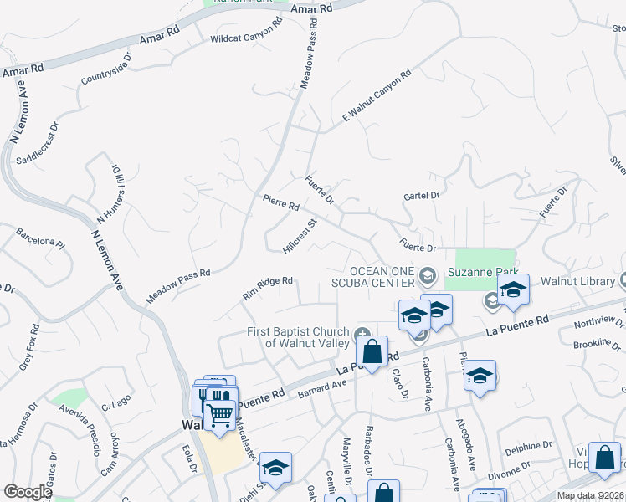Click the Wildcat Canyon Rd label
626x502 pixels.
click(246, 38)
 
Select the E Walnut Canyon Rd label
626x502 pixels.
click(377, 98)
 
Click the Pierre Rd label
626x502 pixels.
click(280, 202)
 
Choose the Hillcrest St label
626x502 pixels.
click(301, 237)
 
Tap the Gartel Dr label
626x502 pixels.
click(422, 195)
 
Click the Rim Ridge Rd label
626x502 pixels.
click(267, 288)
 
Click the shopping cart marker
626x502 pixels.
click(219, 413)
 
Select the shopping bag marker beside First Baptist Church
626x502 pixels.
click(372, 351)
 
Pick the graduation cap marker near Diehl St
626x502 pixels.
click(275, 469)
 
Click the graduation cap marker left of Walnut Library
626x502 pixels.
click(513, 290)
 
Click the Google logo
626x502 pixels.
click(28, 492)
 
